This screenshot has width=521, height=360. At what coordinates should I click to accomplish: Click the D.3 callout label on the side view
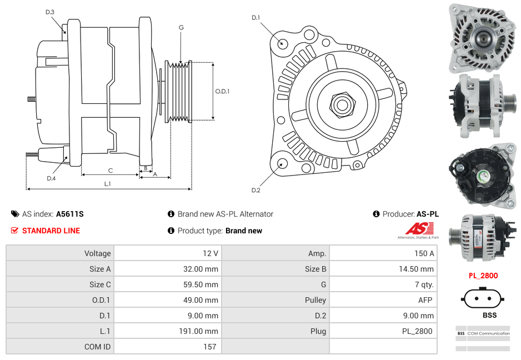tap(50, 12)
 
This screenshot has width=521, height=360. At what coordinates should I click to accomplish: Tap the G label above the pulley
tap(181, 27)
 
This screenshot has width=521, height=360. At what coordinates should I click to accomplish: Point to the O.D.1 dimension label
tap(222, 91)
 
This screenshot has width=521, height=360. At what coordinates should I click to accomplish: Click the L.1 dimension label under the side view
tap(108, 183)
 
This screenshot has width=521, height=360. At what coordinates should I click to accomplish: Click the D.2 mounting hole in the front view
tap(282, 163)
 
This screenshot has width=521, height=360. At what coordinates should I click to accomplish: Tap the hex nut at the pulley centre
tap(341, 103)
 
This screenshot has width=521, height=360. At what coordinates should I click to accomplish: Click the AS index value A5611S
tap(70, 214)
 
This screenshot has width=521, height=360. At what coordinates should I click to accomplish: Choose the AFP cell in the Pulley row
tap(425, 300)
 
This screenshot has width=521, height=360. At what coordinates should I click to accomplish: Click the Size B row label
tap(312, 269)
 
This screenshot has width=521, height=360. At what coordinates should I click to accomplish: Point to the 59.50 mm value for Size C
tap(204, 284)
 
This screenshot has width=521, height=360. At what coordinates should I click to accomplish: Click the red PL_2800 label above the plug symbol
tap(483, 276)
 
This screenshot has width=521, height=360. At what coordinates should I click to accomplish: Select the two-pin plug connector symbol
tap(482, 299)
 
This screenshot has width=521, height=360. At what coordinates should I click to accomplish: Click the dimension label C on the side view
tap(111, 171)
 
